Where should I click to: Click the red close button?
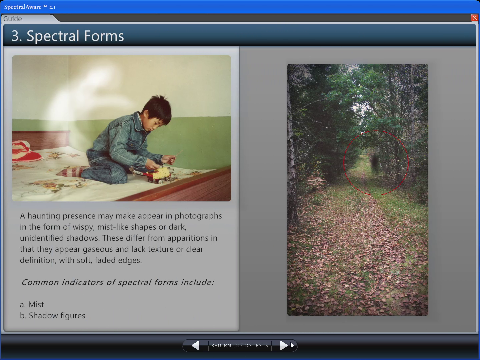[x=474, y=18]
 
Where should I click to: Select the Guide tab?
[x=13, y=19]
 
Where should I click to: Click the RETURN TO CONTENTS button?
[x=239, y=346]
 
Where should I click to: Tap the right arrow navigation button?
[x=283, y=346]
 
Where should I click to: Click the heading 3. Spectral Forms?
[x=68, y=36]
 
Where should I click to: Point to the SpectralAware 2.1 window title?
[x=30, y=7]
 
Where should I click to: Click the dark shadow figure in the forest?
[x=375, y=161]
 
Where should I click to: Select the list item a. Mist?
[x=32, y=305]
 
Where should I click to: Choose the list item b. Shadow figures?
[x=53, y=316]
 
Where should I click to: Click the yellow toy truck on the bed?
[x=159, y=174]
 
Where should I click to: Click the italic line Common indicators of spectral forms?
[x=117, y=282]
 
